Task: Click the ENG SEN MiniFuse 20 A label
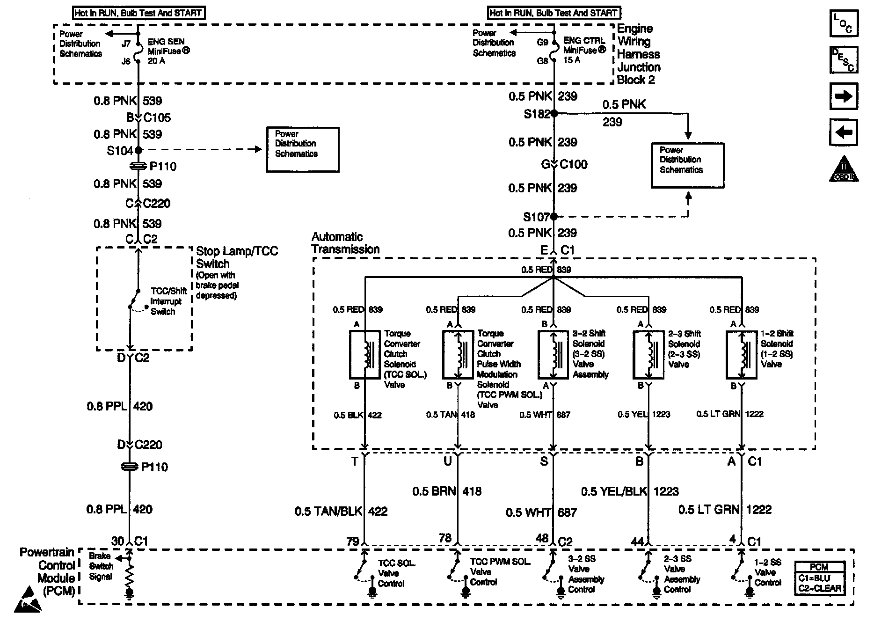tap(168, 51)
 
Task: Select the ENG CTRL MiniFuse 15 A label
tap(584, 50)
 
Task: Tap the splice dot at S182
tap(554, 113)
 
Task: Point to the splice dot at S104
tap(138, 150)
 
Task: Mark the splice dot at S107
tap(554, 217)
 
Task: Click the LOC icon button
tap(844, 23)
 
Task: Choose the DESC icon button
tap(844, 60)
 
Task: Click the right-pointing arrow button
tap(844, 96)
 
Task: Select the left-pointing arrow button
tap(844, 132)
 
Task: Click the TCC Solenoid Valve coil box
tap(365, 354)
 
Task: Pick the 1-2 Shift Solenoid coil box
tap(741, 354)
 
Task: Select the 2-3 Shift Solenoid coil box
tap(648, 354)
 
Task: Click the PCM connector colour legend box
tap(819, 578)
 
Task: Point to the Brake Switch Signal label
tap(101, 566)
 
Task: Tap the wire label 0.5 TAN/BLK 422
tap(341, 512)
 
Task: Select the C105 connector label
tap(157, 117)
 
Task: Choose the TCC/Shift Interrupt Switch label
tap(168, 301)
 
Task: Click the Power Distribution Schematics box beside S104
tap(303, 150)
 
